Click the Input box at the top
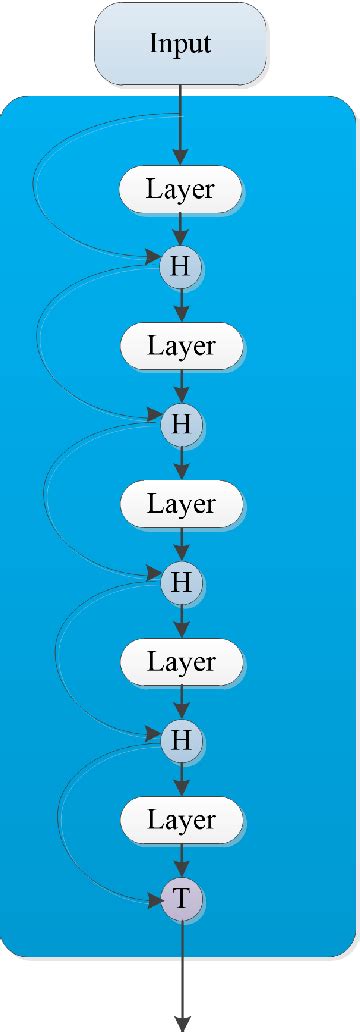tap(181, 44)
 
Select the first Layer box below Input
tap(181, 189)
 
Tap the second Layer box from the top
tap(181, 347)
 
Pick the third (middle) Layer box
tap(181, 504)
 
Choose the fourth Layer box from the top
tap(181, 661)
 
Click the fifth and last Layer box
tap(181, 820)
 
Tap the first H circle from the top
tap(181, 267)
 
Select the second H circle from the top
tap(181, 424)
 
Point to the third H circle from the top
tap(181, 581)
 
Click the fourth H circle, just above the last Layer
tap(181, 740)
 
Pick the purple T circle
tap(181, 899)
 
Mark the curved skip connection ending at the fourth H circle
tap(52, 660)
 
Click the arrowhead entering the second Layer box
tap(181, 317)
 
